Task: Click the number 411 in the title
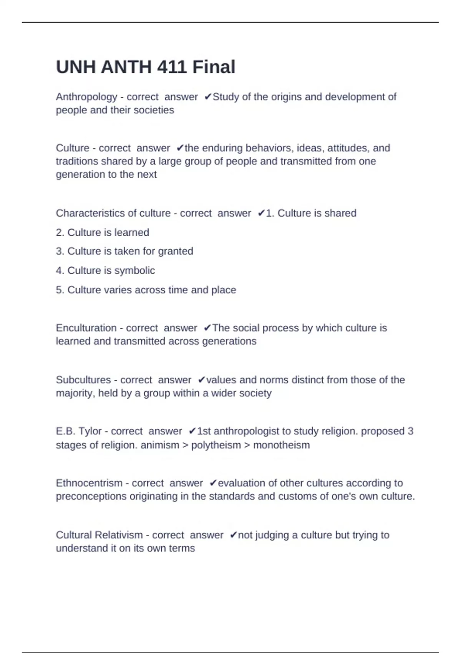[x=172, y=67]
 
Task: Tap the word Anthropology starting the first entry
[x=86, y=97]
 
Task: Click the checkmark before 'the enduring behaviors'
[x=180, y=148]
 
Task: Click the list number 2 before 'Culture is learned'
[x=59, y=233]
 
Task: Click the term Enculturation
[x=86, y=328]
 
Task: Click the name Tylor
[x=90, y=431]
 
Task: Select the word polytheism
[x=216, y=445]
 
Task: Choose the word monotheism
[x=281, y=445]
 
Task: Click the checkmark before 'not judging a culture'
[x=233, y=535]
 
